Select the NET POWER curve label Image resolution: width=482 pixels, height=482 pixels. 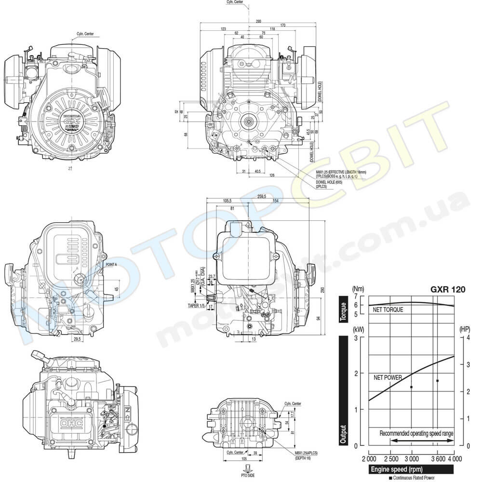click(x=388, y=378)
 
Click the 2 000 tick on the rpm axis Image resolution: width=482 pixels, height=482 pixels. click(x=369, y=458)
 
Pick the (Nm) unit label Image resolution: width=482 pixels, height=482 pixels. click(x=359, y=289)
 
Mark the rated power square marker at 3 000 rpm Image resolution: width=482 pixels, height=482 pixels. click(x=411, y=387)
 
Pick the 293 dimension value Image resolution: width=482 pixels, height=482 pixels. click(x=259, y=22)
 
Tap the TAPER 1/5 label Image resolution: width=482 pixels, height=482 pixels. click(x=196, y=306)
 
